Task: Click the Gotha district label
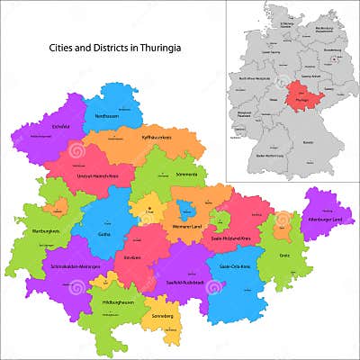(104, 233)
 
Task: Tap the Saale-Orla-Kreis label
(233, 266)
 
